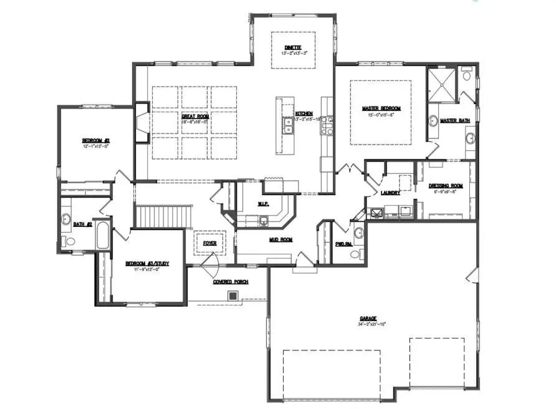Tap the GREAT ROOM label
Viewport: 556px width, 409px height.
point(195,116)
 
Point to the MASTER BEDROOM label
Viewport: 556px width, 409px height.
point(381,108)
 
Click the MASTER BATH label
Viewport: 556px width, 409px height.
point(454,120)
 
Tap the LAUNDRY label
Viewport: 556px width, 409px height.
point(390,193)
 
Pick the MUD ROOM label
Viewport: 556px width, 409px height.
point(281,239)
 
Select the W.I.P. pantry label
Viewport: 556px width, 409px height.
point(263,204)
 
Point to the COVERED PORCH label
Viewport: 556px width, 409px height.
point(231,282)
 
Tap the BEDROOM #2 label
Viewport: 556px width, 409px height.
point(96,140)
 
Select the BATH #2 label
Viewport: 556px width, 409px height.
point(83,224)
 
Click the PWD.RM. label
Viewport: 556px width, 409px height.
point(343,244)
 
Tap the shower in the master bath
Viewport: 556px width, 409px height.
point(442,84)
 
